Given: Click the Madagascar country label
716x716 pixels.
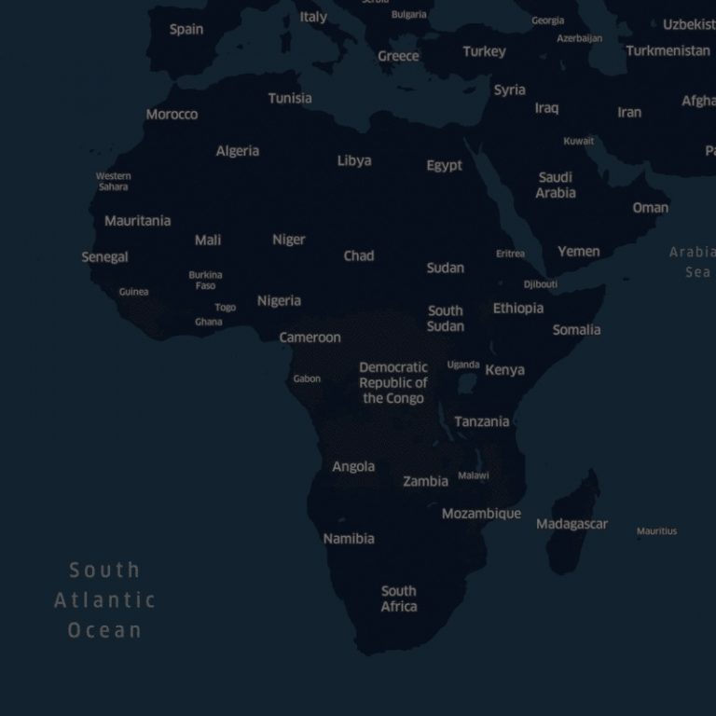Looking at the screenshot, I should click(x=571, y=524).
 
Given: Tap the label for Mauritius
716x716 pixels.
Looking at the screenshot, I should click(x=656, y=531).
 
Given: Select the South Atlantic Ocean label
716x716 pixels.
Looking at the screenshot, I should click(x=104, y=599).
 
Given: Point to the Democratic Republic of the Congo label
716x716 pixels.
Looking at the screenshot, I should click(x=393, y=382).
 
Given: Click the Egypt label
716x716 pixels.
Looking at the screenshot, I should click(x=444, y=165).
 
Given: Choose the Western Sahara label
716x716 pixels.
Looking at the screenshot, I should click(x=113, y=181).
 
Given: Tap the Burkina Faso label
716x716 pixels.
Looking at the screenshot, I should click(x=205, y=280).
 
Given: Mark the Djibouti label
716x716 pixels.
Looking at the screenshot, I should click(x=540, y=284).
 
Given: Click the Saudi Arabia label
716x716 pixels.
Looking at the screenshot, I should click(x=556, y=185).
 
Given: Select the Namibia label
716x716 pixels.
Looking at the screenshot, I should click(x=349, y=538).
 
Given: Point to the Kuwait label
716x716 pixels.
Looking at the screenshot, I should click(x=578, y=141).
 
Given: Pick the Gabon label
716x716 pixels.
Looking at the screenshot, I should click(x=307, y=379).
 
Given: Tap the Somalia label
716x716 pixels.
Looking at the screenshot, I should click(x=576, y=329).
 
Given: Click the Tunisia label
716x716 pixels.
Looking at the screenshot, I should click(x=290, y=98).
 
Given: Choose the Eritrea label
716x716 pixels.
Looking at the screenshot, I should click(x=510, y=254).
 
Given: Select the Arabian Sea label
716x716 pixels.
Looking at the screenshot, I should click(x=693, y=262).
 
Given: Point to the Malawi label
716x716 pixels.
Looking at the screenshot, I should click(x=473, y=475).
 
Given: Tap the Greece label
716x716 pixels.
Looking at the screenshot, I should click(x=398, y=56).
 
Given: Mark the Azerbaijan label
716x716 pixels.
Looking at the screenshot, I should click(x=579, y=38).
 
